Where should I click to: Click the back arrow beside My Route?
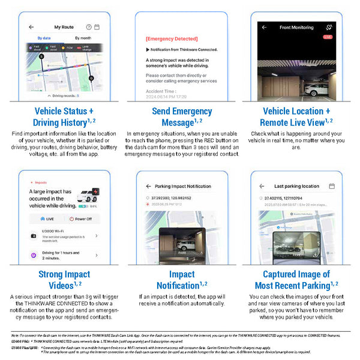(31, 27)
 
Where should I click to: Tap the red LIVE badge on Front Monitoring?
(328, 37)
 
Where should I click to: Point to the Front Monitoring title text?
(296, 27)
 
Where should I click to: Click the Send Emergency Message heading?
(181, 117)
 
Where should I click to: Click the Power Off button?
(83, 220)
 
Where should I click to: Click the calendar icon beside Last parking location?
(331, 187)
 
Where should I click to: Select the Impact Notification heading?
(181, 280)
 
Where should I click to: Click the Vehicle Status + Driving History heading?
(64, 117)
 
